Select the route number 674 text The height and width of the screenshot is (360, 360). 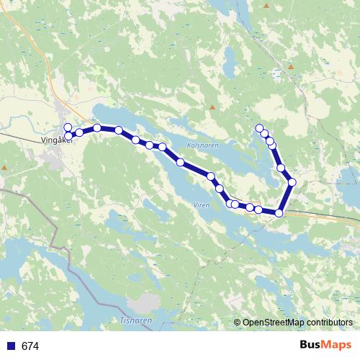(30, 346)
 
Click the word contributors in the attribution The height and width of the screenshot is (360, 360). (329, 323)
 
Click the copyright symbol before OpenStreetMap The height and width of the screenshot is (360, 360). (237, 323)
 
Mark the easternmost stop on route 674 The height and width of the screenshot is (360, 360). (292, 182)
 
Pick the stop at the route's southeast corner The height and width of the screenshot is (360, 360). (279, 212)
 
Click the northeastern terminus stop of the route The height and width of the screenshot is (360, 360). (259, 128)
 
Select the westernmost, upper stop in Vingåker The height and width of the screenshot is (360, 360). (68, 127)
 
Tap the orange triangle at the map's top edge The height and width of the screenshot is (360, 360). (266, 6)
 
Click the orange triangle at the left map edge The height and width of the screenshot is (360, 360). (4, 168)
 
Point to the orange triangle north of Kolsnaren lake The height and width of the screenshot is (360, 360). (212, 107)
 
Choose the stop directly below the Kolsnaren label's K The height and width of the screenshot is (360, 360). (180, 162)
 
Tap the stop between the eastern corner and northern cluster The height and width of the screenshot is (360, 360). (281, 168)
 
